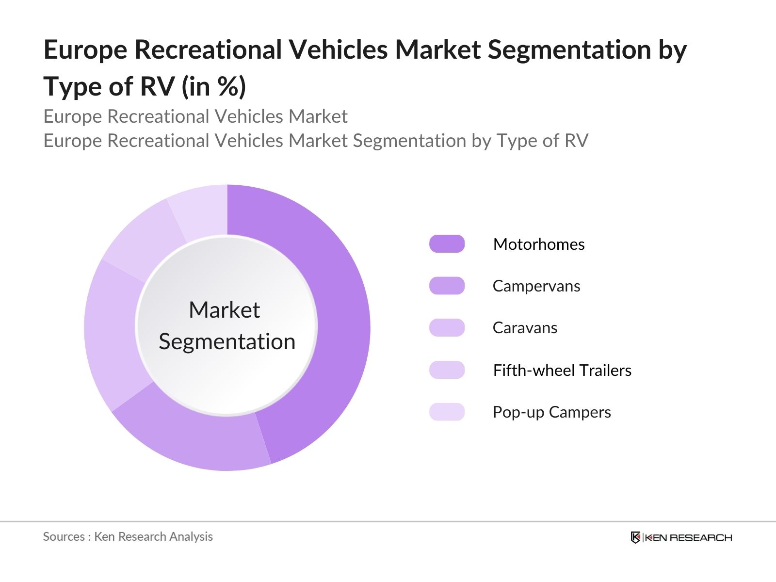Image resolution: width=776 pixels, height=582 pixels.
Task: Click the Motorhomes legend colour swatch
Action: coord(447,244)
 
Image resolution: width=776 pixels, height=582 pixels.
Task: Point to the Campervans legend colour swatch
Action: coord(447,286)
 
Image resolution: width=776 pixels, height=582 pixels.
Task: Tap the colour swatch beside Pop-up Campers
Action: coord(447,412)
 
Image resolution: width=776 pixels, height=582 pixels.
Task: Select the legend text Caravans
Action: coord(525,328)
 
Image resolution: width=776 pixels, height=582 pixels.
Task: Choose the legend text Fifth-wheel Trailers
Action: coord(562,370)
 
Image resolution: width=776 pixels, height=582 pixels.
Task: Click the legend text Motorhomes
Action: coord(538,244)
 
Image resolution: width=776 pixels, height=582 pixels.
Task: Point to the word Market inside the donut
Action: coord(224,310)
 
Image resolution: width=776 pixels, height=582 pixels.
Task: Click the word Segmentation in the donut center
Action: coord(227,341)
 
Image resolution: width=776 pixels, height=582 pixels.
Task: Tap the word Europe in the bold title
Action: coord(85,50)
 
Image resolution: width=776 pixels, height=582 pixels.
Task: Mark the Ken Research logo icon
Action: coord(635,537)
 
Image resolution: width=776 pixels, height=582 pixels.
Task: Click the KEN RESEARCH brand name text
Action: coord(688,537)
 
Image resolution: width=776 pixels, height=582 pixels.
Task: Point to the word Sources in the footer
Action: coord(64,536)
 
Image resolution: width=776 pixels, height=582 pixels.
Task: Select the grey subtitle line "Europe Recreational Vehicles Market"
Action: coord(195,116)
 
